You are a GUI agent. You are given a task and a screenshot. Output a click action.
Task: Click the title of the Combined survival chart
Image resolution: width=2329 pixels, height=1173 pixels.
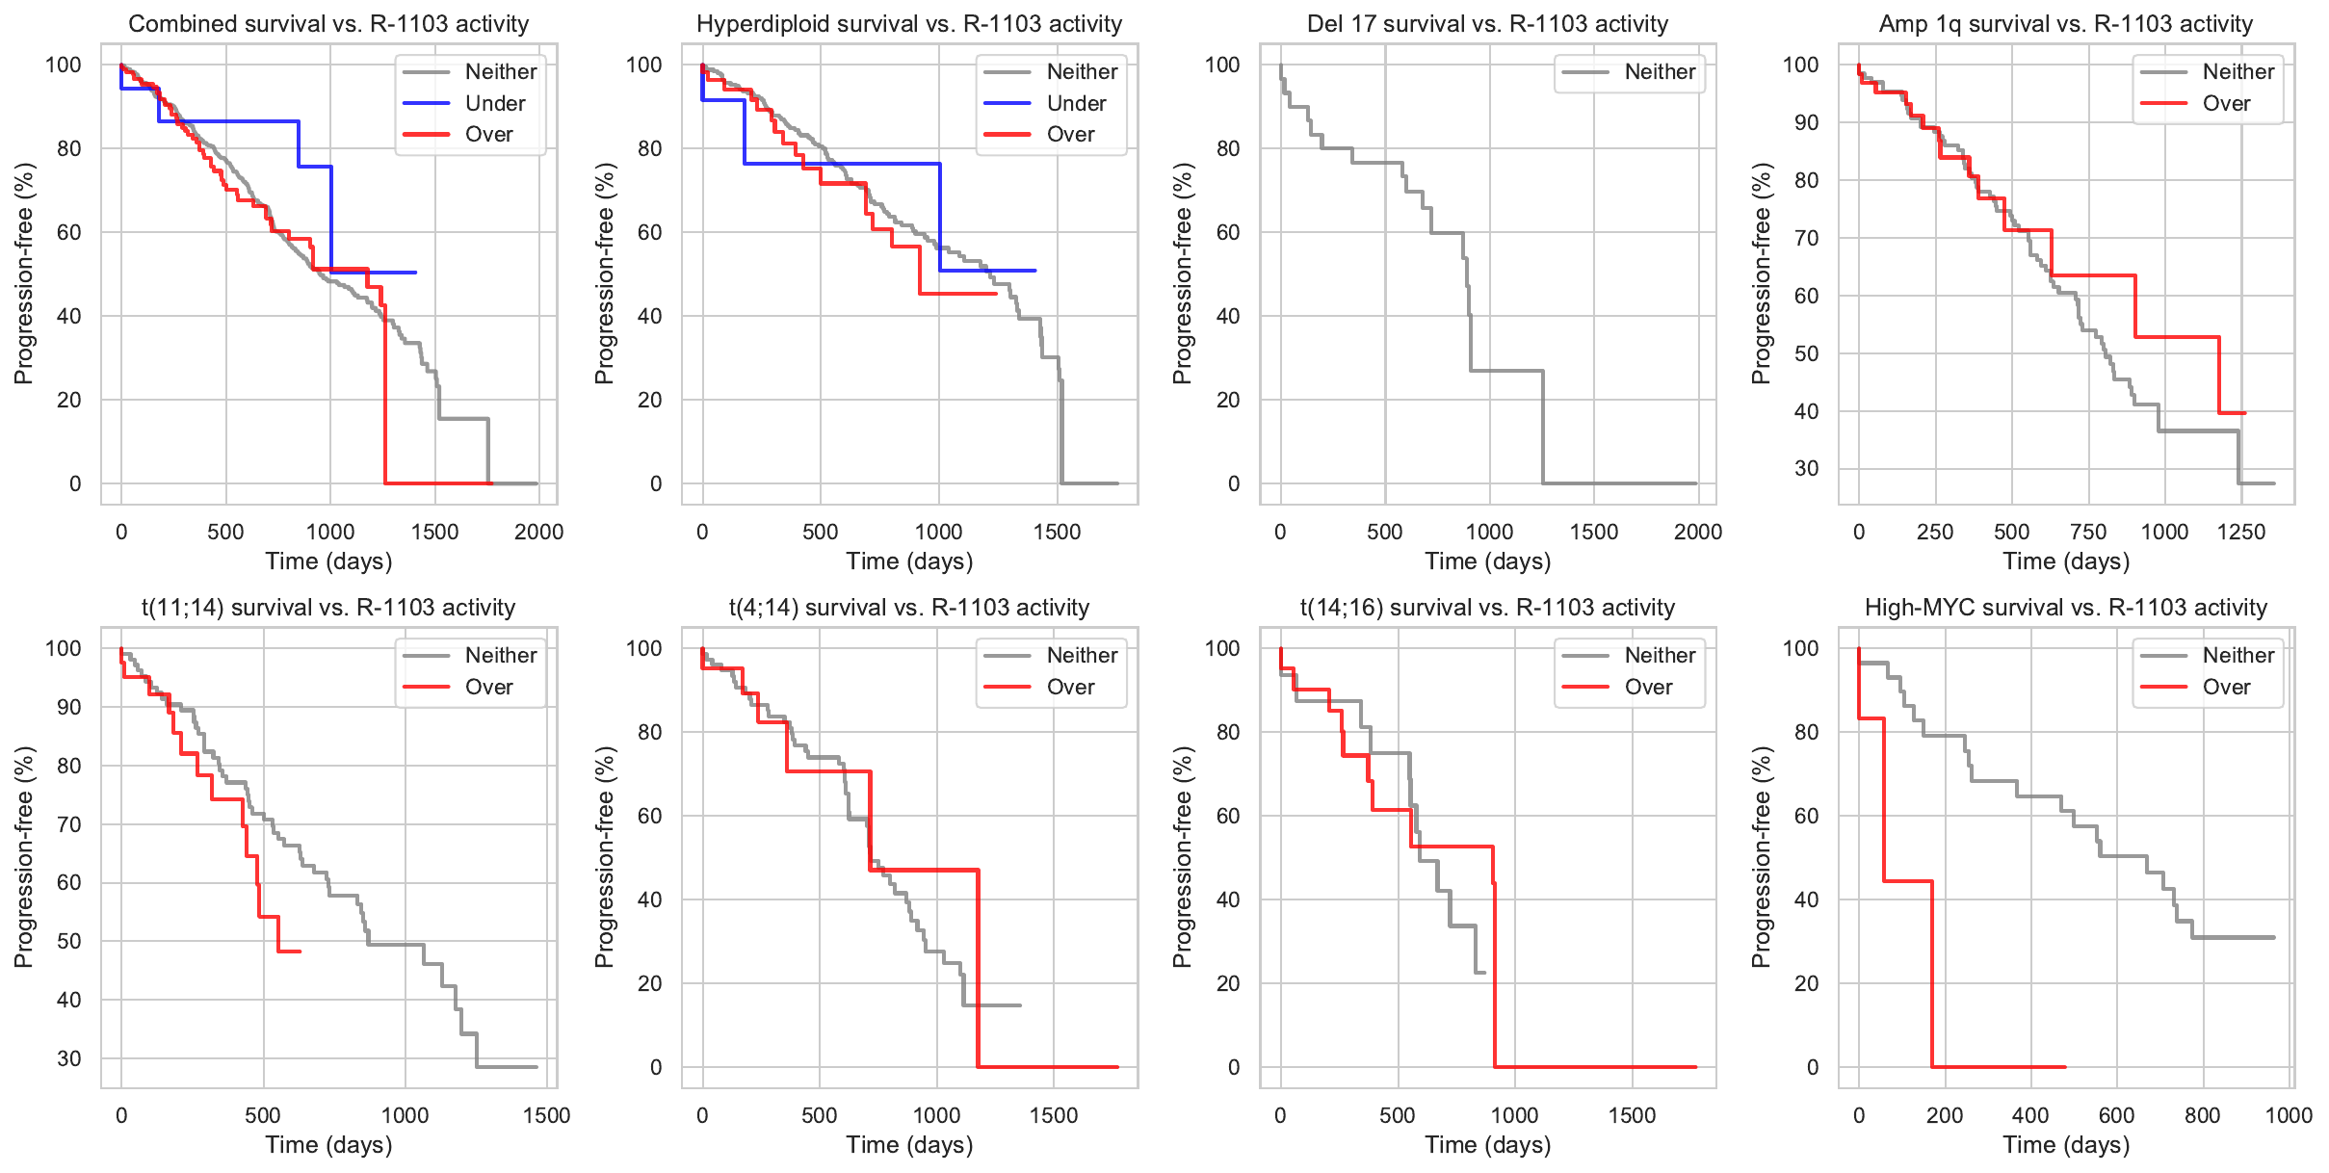[x=328, y=24]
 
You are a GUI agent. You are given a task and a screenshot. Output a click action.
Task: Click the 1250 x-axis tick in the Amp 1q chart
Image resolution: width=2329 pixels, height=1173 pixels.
[x=2241, y=532]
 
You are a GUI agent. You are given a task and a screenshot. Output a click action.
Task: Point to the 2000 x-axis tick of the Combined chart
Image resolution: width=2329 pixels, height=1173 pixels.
[x=538, y=532]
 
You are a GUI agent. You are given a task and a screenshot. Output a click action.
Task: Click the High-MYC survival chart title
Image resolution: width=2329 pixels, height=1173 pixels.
[x=2066, y=608]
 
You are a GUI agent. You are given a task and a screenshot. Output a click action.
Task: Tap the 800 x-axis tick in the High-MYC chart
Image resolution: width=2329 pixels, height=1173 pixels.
[x=2203, y=1115]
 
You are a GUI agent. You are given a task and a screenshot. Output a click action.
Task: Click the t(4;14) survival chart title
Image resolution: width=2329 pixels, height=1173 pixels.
[x=909, y=608]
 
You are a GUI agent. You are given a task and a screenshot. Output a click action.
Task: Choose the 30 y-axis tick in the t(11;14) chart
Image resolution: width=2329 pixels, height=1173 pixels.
[x=69, y=1058]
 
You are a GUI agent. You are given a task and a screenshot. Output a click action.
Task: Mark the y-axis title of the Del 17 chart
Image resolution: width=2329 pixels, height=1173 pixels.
[x=1183, y=274]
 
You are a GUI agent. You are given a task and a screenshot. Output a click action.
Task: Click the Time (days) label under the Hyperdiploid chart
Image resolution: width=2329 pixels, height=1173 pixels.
[x=909, y=561]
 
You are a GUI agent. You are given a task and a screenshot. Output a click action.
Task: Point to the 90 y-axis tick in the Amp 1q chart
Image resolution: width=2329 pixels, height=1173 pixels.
[x=1806, y=122]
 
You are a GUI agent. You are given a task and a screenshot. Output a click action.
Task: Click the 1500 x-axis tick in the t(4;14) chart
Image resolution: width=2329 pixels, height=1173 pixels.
[x=1054, y=1115]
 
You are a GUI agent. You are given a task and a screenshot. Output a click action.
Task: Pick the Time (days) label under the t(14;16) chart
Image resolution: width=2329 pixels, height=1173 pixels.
[x=1488, y=1145]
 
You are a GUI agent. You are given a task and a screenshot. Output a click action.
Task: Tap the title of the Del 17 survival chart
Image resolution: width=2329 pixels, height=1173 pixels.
[x=1488, y=24]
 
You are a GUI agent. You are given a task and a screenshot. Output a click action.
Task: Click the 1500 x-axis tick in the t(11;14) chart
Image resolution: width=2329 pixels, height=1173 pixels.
[x=547, y=1115]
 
